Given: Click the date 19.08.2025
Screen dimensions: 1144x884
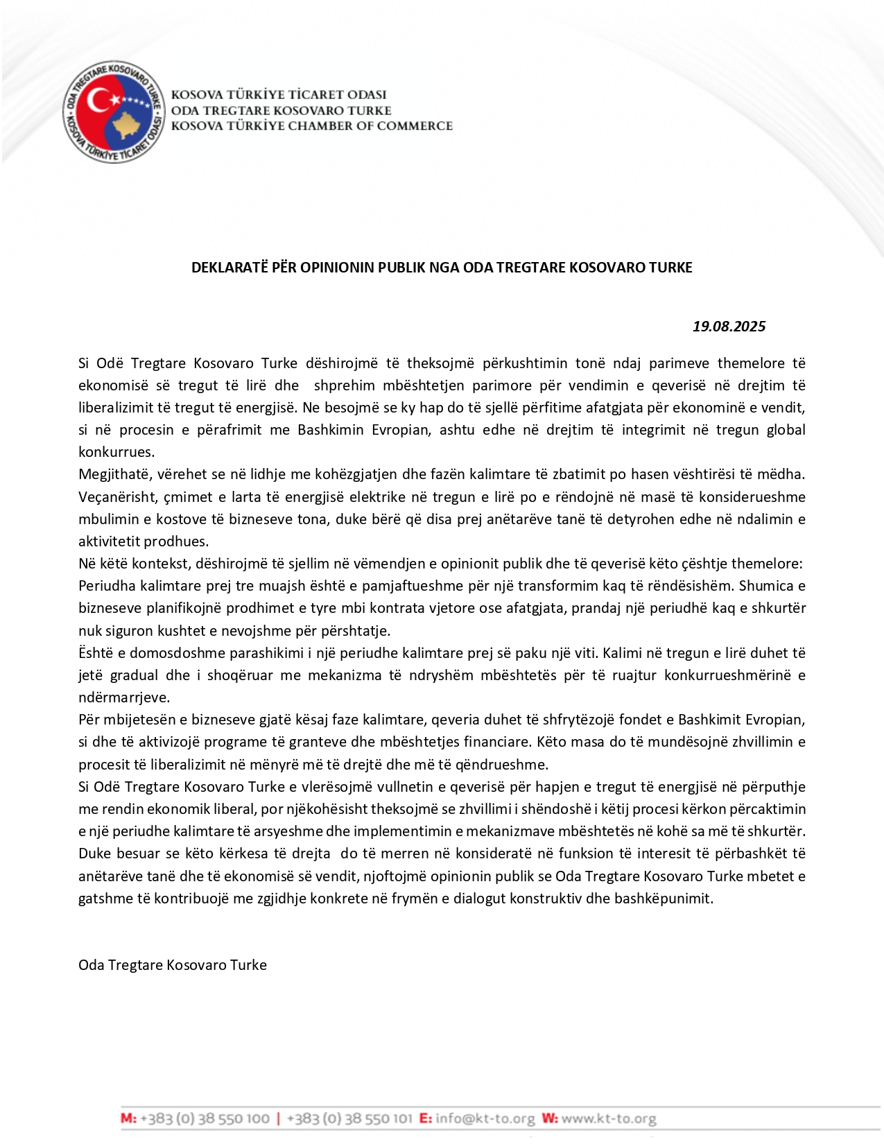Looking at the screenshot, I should point(729,327).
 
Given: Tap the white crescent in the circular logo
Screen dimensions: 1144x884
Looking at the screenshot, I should point(97,105).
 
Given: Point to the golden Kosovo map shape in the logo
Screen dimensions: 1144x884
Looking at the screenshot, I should point(128,125).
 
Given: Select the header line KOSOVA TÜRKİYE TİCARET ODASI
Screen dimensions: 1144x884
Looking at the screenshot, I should point(279,95).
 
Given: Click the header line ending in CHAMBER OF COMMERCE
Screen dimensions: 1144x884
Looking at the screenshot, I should point(312,126).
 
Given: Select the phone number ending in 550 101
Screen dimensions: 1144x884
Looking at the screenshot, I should point(349,1119).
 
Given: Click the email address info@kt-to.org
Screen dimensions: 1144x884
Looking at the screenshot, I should point(485,1119).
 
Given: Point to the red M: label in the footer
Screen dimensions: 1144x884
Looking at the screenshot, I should point(128,1119).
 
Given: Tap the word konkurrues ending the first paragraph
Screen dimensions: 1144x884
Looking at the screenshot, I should point(116,452).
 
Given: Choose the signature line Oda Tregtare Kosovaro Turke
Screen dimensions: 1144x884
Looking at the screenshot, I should point(173,965).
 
